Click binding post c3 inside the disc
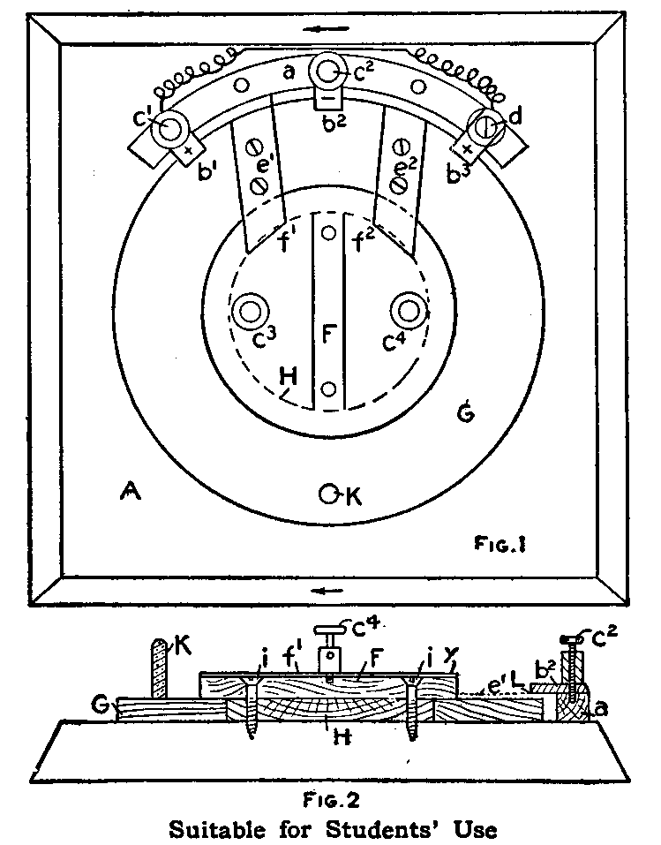click(251, 311)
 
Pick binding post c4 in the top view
click(409, 310)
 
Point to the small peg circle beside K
click(329, 496)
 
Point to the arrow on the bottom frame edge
click(328, 589)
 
